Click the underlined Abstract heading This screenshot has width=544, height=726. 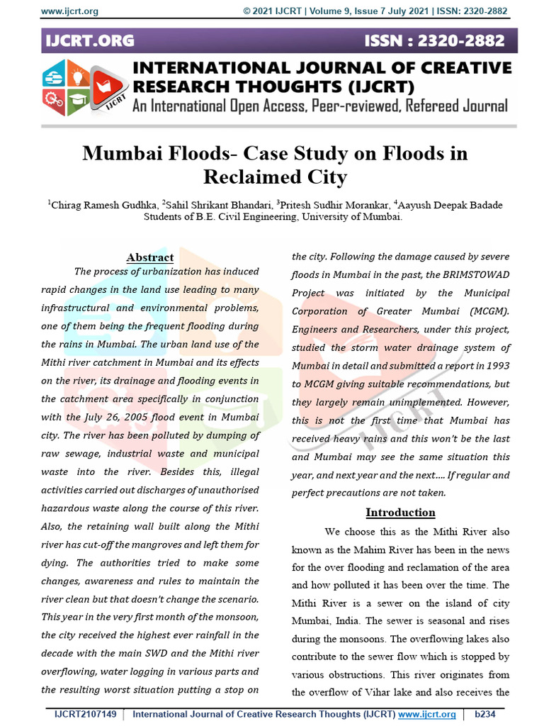149,257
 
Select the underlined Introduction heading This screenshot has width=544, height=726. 400,512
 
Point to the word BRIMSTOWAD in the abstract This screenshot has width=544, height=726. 482,274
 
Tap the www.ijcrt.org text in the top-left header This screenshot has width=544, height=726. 69,11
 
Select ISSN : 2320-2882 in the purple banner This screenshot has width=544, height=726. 434,41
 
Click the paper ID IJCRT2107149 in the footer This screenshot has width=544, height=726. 85,714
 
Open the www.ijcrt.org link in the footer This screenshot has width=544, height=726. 427,714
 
